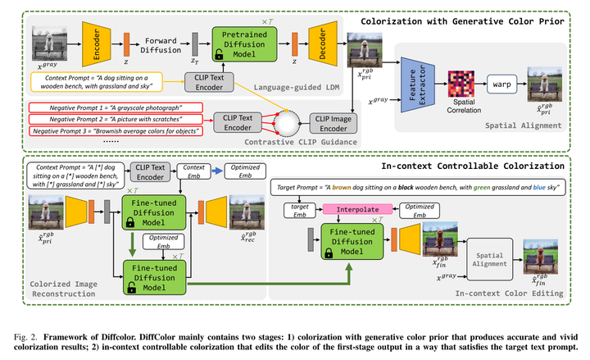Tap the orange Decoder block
click(x=319, y=41)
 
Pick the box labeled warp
click(x=503, y=83)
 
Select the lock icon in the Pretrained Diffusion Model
click(x=219, y=56)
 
